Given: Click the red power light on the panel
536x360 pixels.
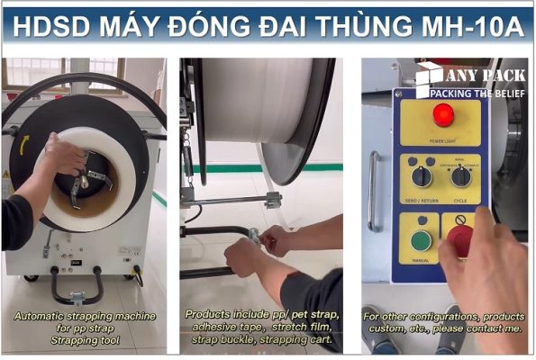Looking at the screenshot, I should [442, 114].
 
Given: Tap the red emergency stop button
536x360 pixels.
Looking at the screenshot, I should [460, 238].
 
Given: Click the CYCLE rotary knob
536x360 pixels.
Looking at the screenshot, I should [461, 175].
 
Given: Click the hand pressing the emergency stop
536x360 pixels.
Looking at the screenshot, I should [491, 261].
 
